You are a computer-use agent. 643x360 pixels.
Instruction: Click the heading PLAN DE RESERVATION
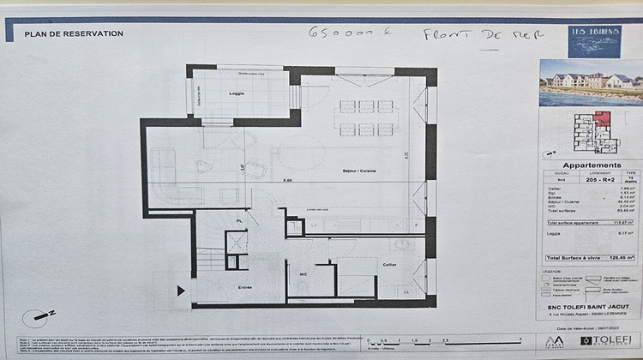click(74, 34)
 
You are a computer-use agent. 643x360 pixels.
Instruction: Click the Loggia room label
click(237, 93)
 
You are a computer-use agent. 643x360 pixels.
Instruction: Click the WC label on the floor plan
click(303, 275)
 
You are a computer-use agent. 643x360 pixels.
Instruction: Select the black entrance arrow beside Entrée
click(180, 291)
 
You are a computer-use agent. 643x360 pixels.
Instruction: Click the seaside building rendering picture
click(591, 82)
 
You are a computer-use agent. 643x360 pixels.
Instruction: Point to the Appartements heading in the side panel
click(591, 165)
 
